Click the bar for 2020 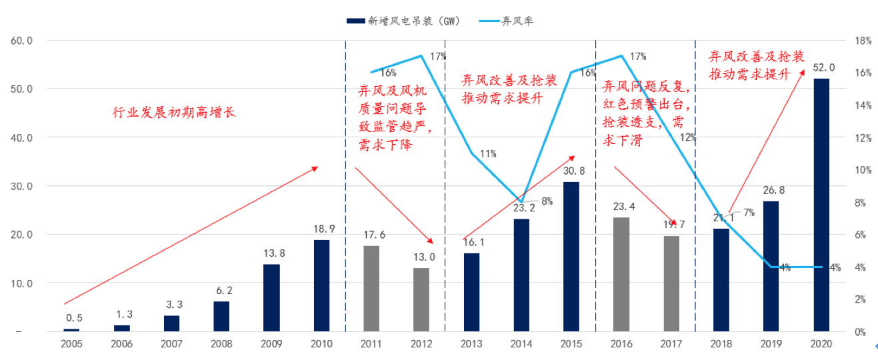coord(821,205)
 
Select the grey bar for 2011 coord(371,288)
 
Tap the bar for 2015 coord(571,257)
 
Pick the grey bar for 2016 coord(621,274)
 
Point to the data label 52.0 coord(824,67)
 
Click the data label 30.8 coord(571,171)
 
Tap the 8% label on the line coord(547,201)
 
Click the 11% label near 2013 coord(488,153)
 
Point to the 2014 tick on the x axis coord(521,344)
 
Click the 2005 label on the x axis coord(71,344)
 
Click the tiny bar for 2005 coord(71,329)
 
